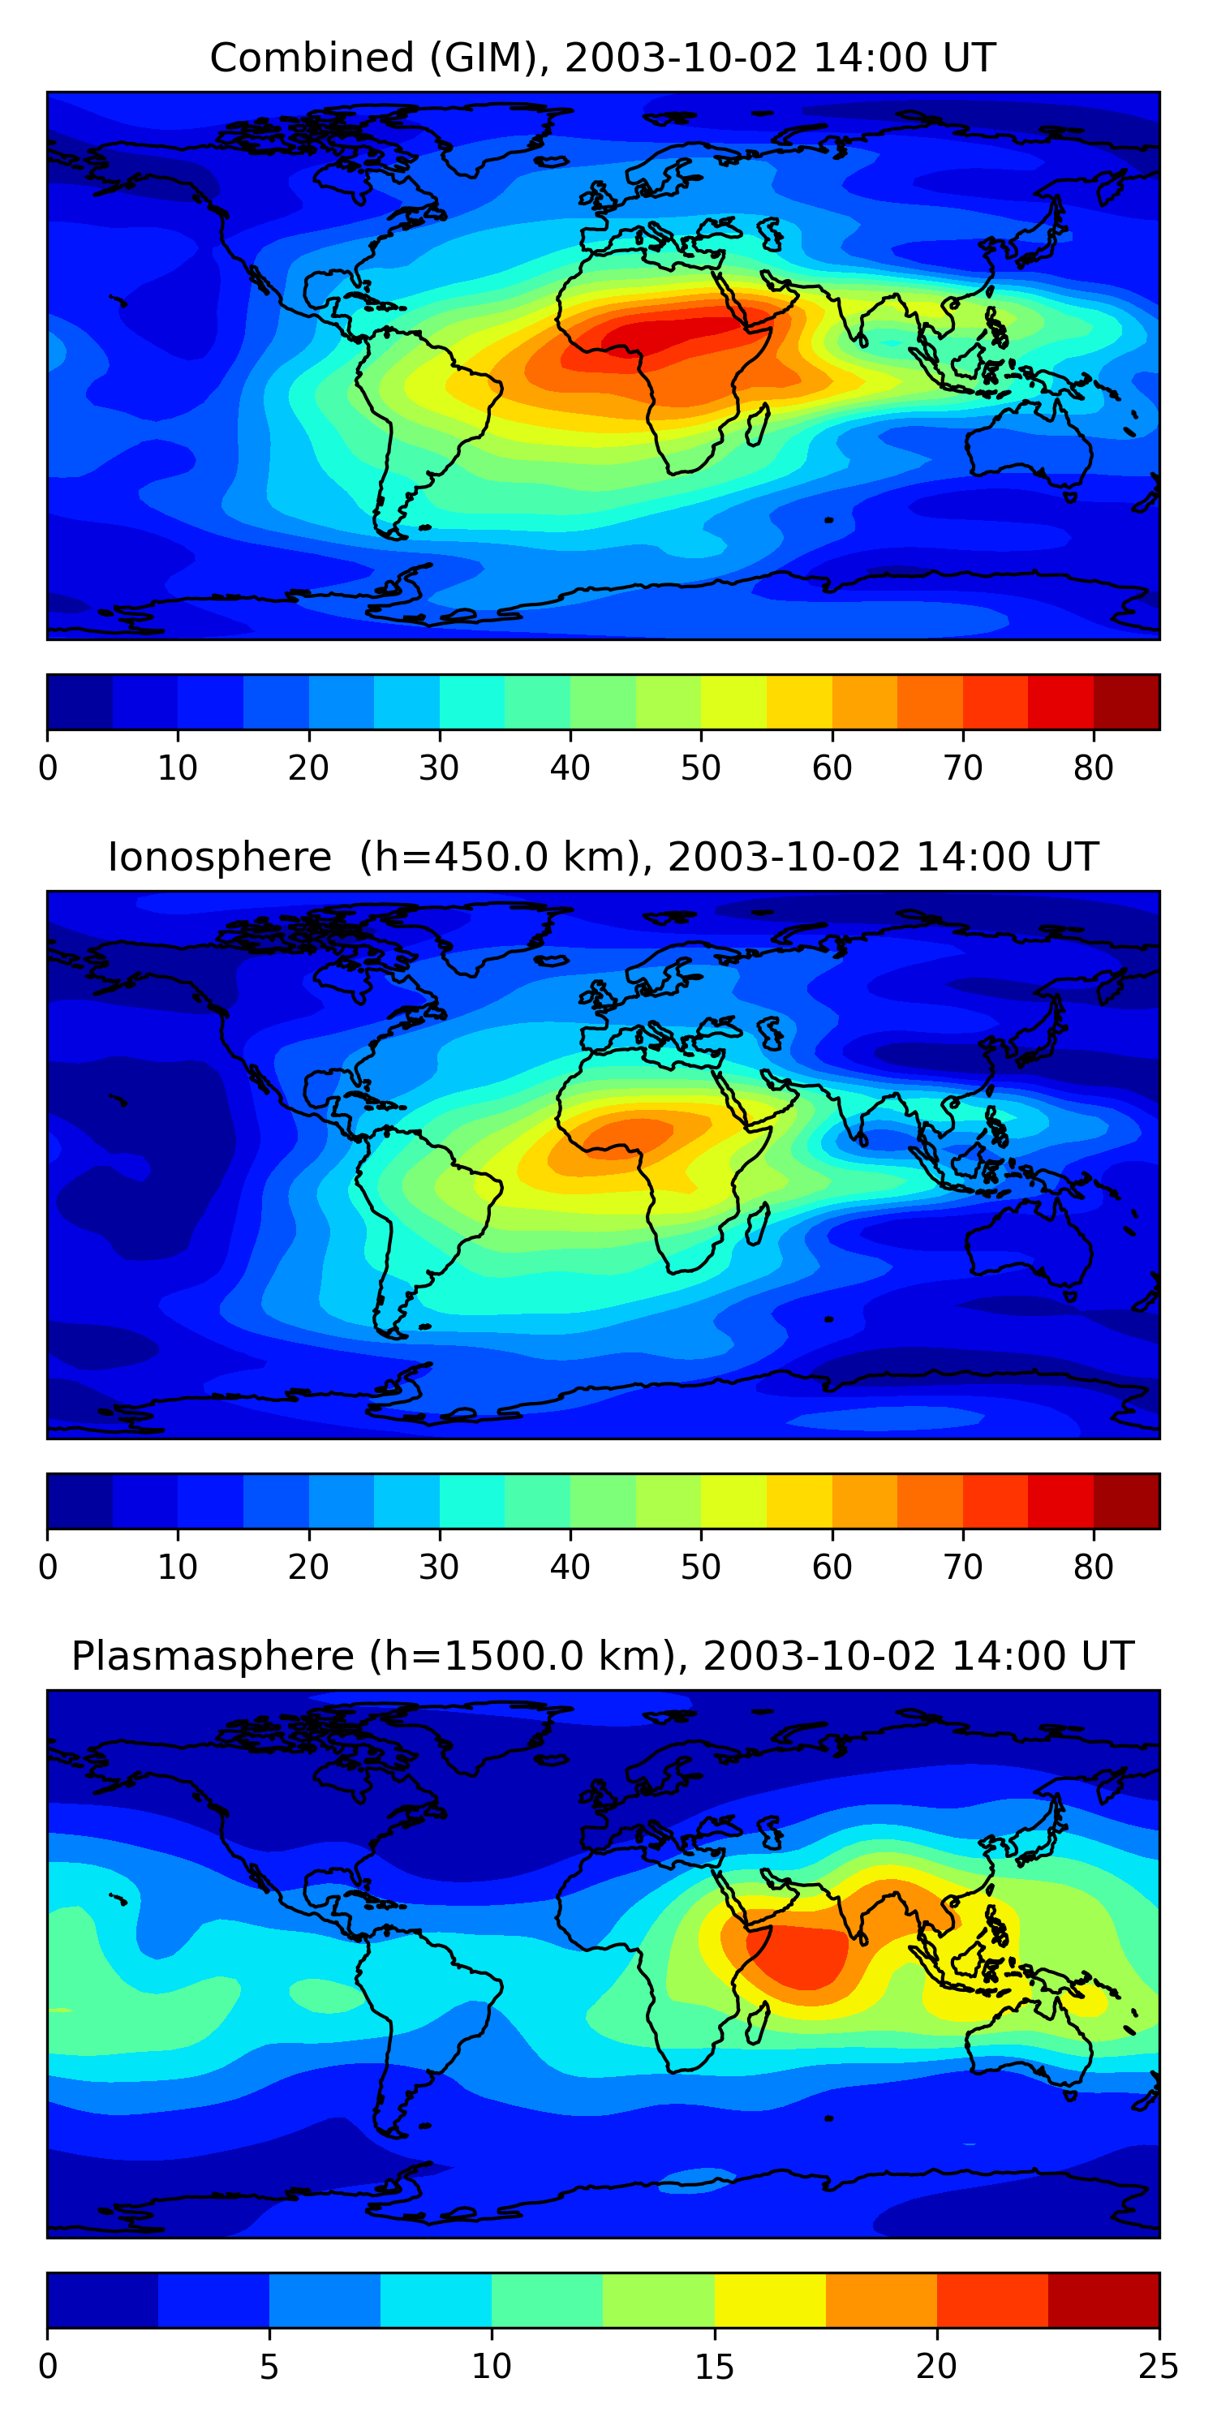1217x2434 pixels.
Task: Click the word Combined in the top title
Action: (312, 58)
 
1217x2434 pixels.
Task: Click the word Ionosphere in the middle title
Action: (219, 857)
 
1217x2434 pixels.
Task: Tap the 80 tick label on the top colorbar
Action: (1093, 768)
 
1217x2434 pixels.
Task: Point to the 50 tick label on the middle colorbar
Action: (700, 1567)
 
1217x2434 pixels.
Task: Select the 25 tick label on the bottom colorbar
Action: (1158, 2366)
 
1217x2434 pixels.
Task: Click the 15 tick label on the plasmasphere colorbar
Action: (713, 2366)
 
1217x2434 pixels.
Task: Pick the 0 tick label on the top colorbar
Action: (48, 768)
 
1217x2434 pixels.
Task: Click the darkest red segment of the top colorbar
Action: (1126, 702)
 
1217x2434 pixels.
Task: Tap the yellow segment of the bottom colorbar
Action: (769, 2300)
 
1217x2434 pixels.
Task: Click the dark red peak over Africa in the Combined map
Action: (661, 335)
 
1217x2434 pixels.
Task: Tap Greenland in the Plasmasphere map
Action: (492, 1724)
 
